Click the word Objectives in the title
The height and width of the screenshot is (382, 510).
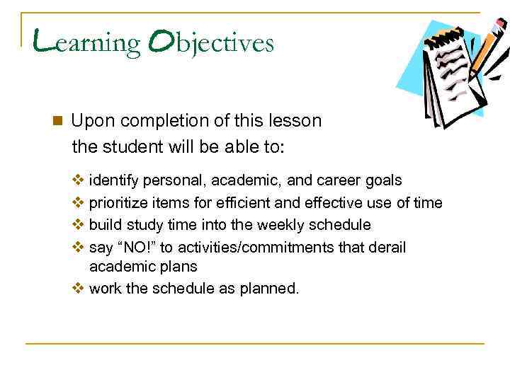coord(210,43)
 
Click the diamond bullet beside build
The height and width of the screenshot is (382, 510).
coord(78,225)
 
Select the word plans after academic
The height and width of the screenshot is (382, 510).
coord(179,267)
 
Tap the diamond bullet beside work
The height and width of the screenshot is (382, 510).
coord(78,289)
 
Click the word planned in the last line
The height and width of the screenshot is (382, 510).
coord(271,289)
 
